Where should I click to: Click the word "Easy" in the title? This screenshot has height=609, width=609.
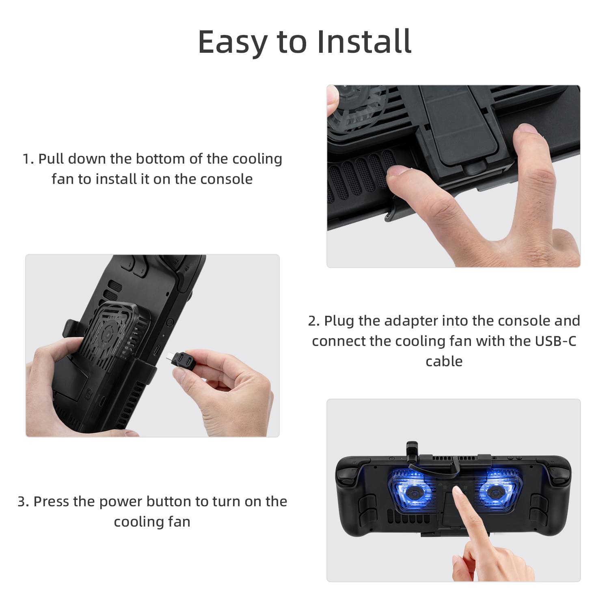coord(233,42)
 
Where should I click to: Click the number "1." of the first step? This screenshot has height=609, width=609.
coord(28,159)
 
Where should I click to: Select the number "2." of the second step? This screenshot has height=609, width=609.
coord(314,321)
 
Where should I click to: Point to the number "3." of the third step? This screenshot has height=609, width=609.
coord(23,501)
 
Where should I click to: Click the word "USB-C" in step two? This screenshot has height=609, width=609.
coord(555,341)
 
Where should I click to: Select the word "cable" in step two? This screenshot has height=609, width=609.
coord(444,361)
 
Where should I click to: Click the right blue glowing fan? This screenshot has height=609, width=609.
coord(496,491)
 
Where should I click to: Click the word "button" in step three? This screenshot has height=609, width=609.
coord(169,501)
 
